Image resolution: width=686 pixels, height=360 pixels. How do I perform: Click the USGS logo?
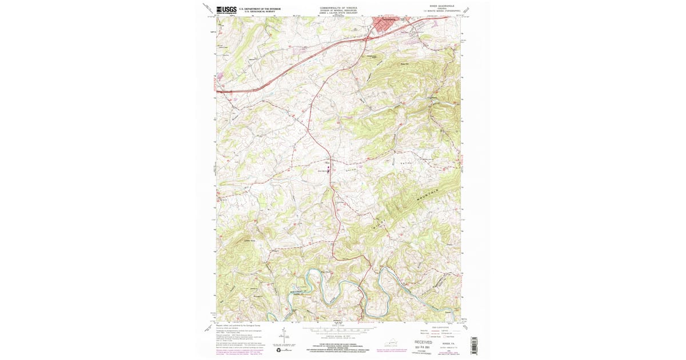226,10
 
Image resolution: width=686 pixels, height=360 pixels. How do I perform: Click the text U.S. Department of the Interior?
260,9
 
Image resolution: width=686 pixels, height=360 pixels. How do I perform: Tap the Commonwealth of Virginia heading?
339,8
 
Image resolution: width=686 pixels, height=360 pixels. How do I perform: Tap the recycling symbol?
279,350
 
